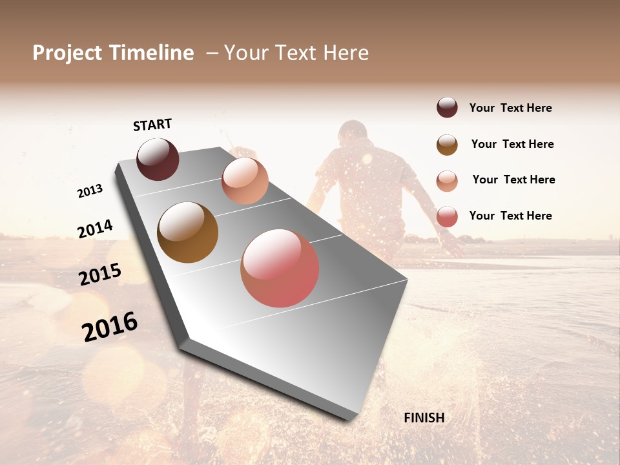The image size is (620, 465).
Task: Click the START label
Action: [152, 125]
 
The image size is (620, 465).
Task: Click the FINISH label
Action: [424, 418]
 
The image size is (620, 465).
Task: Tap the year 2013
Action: [90, 191]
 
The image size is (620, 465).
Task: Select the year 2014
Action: [95, 229]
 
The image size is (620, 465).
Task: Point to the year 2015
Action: [100, 274]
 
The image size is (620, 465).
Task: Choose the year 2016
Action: [110, 327]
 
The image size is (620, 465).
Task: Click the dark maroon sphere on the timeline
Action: [158, 159]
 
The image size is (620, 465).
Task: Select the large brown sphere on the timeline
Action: [187, 232]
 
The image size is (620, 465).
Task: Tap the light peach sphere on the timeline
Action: [245, 181]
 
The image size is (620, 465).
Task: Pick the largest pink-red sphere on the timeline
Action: [280, 268]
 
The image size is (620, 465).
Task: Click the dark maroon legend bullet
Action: [447, 108]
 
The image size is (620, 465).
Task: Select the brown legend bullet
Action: [447, 145]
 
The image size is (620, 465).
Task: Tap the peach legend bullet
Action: [447, 180]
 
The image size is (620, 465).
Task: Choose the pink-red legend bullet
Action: [447, 216]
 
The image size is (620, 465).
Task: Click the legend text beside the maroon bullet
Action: [510, 108]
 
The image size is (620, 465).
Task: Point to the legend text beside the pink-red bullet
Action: [510, 216]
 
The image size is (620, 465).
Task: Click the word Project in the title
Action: [67, 53]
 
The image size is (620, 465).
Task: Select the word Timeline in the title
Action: [152, 53]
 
